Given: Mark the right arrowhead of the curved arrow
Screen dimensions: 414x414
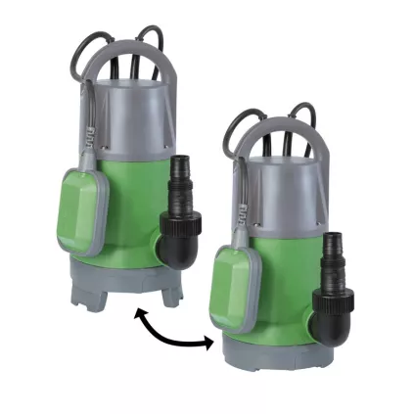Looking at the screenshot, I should coord(208,343).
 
